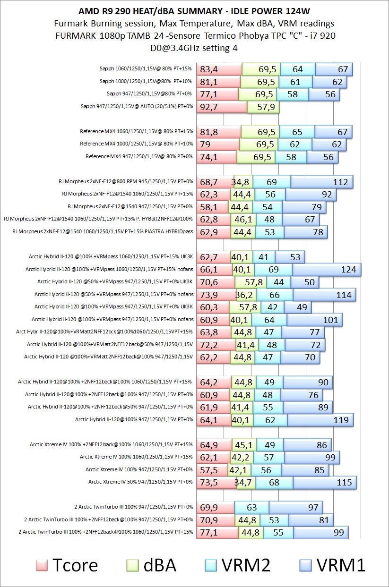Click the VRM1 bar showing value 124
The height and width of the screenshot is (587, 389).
[x=327, y=270]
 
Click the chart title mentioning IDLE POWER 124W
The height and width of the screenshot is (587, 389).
[x=194, y=10]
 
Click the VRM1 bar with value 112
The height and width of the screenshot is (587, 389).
[x=322, y=181]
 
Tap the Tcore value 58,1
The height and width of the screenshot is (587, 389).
[x=212, y=206]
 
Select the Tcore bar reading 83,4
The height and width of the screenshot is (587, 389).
[x=218, y=69]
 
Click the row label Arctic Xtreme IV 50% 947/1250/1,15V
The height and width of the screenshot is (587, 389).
[x=140, y=482]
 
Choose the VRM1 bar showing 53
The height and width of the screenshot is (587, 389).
[x=290, y=257]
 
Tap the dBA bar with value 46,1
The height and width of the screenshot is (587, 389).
[x=241, y=219]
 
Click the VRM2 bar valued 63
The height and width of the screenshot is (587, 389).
[x=251, y=507]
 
